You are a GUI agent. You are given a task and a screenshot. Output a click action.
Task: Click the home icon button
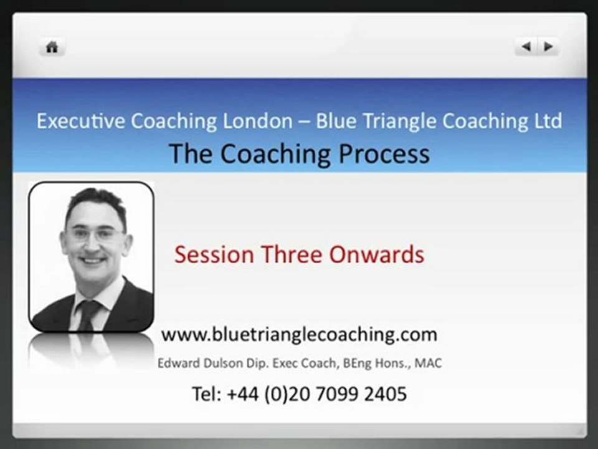[x=52, y=47]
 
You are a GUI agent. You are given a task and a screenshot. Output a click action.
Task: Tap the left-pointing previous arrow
[x=526, y=47]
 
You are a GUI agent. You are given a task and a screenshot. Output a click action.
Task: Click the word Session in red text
[x=214, y=254]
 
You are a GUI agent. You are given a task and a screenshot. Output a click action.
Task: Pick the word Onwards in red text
[x=376, y=254]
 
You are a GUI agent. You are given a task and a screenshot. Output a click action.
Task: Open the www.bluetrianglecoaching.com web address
[x=299, y=334]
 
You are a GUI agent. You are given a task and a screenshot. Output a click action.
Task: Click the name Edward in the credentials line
[x=178, y=363]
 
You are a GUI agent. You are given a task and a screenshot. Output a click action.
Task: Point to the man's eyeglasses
[x=95, y=234]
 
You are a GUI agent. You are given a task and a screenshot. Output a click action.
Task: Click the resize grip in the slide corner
[x=579, y=430]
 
